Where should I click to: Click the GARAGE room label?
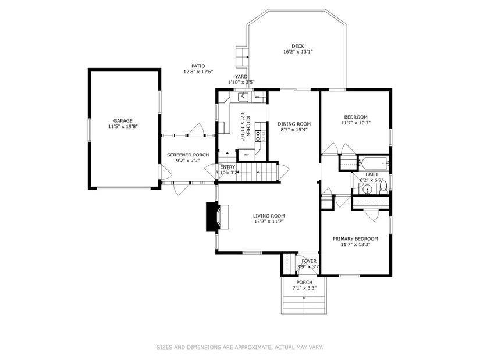pyautogui.click(x=123, y=121)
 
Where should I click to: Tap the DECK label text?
pyautogui.click(x=297, y=46)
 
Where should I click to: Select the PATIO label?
pyautogui.click(x=198, y=66)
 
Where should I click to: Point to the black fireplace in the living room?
pyautogui.click(x=212, y=216)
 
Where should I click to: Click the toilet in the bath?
pyautogui.click(x=383, y=187)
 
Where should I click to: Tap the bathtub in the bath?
pyautogui.click(x=374, y=163)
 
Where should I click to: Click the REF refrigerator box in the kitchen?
pyautogui.click(x=247, y=155)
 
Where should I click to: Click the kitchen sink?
pyautogui.click(x=243, y=97)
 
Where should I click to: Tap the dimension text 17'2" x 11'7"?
pyautogui.click(x=269, y=222)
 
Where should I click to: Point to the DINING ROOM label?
pyautogui.click(x=294, y=124)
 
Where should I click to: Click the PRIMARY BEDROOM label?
pyautogui.click(x=355, y=239)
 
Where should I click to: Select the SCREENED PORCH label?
pyautogui.click(x=188, y=155)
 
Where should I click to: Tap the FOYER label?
pyautogui.click(x=309, y=261)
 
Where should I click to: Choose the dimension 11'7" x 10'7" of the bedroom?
pyautogui.click(x=355, y=123)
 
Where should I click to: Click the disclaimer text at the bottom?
pyautogui.click(x=240, y=347)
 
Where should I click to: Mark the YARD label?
pyautogui.click(x=241, y=77)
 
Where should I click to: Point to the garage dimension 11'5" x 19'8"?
pyautogui.click(x=123, y=126)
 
